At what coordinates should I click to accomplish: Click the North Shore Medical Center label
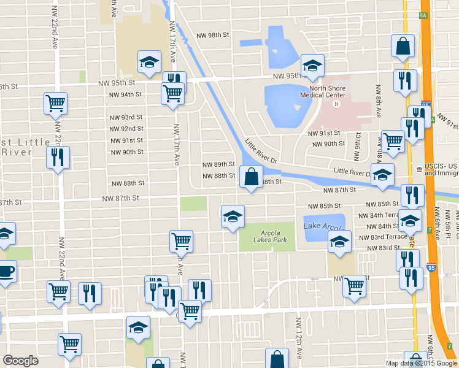click(x=323, y=91)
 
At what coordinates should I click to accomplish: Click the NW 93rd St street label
click(x=126, y=117)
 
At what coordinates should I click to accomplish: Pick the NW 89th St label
click(x=219, y=164)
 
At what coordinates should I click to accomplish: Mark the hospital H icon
click(x=336, y=103)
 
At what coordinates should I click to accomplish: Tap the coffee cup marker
click(x=6, y=272)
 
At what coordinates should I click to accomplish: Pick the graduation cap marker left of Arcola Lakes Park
click(x=233, y=217)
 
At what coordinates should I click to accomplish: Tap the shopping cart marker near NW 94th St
click(x=172, y=94)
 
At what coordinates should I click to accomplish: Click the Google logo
click(x=20, y=361)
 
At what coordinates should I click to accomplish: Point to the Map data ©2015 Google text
click(x=422, y=363)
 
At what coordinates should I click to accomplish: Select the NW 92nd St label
click(x=126, y=129)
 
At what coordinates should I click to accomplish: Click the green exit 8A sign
click(x=423, y=15)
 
